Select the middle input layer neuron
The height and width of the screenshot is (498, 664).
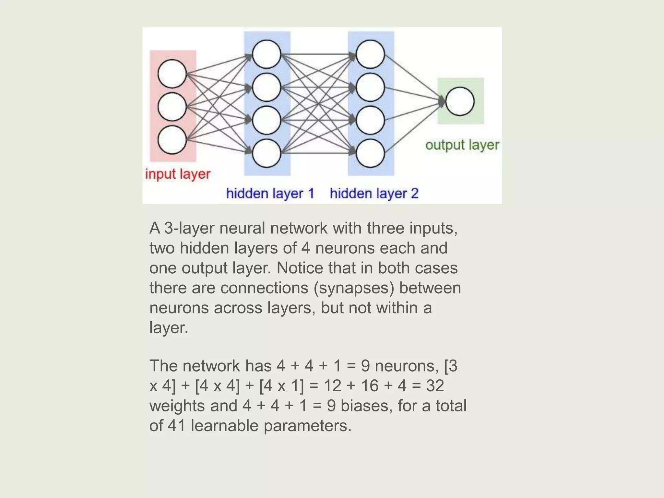tap(172, 107)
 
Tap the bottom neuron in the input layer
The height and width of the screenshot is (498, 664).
tap(172, 140)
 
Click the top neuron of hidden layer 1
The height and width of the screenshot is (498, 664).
tap(267, 54)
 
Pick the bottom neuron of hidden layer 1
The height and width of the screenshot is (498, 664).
tap(267, 153)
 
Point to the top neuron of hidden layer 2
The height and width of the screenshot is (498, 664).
tap(370, 54)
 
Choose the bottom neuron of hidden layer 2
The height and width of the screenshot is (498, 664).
tap(370, 153)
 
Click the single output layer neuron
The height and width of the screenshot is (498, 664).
tap(460, 101)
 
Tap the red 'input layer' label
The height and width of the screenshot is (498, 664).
tap(178, 174)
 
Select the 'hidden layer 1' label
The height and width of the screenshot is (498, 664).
tap(270, 194)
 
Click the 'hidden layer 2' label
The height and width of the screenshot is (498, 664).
tap(374, 194)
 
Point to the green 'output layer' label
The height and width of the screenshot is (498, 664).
tap(462, 145)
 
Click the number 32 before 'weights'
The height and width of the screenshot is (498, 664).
tap(435, 386)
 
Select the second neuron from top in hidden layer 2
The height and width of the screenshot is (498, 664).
tap(370, 87)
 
